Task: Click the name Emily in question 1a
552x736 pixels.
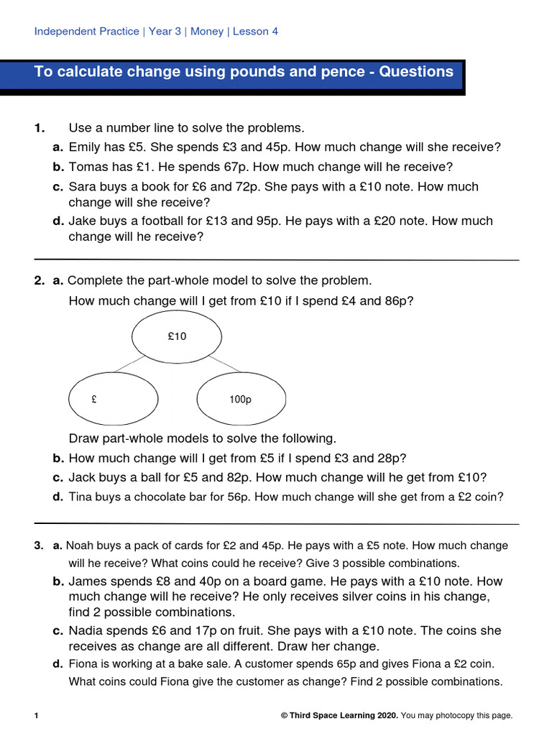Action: [85, 147]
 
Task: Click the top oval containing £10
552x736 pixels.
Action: [177, 336]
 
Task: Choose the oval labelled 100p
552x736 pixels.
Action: [241, 400]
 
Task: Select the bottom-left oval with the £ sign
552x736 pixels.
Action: [114, 400]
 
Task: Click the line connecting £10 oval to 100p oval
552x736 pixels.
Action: [224, 364]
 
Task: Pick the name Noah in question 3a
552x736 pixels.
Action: [80, 546]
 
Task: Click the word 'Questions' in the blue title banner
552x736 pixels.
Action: [416, 72]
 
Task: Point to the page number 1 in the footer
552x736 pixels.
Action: [37, 715]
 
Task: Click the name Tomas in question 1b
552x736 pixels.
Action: [88, 167]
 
